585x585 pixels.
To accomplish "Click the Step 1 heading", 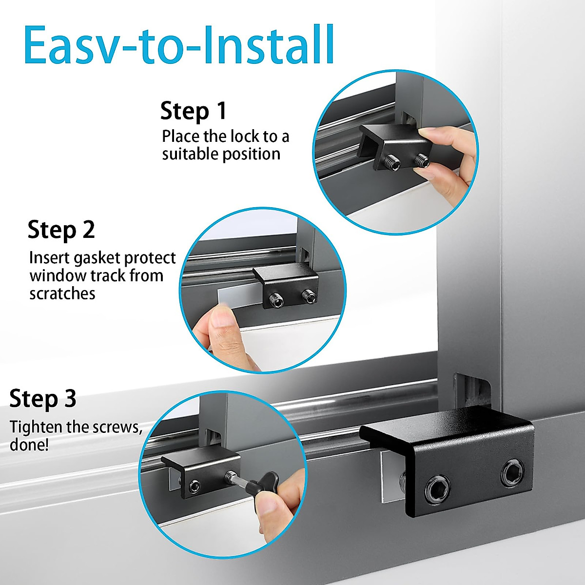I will (x=194, y=111).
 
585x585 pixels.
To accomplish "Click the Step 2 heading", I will (x=61, y=230).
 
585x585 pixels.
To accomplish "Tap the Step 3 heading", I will (x=43, y=399).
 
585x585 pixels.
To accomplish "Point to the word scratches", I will (x=62, y=294).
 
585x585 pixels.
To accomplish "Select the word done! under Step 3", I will (x=29, y=446).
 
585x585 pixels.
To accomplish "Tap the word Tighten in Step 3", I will (x=37, y=428).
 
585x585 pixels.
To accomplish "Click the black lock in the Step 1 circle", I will (x=390, y=146).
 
